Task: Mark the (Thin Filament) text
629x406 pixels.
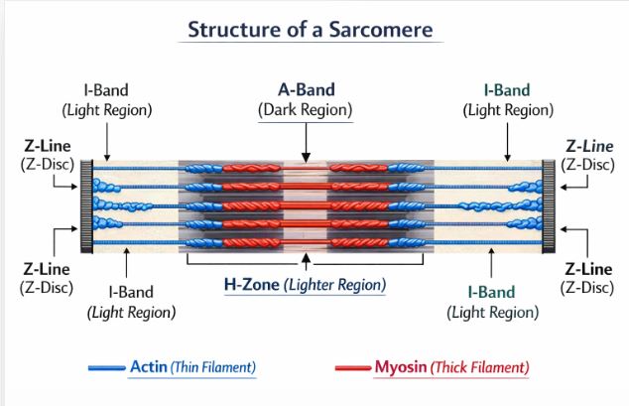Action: pos(212,368)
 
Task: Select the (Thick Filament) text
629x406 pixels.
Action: pos(478,368)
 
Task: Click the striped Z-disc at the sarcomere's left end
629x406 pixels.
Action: pos(86,205)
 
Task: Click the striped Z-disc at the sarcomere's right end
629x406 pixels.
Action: pos(548,205)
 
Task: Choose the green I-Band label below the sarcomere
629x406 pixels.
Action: pos(492,292)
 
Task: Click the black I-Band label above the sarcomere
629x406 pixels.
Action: pos(106,89)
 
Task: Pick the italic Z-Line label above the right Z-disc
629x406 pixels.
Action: pos(588,146)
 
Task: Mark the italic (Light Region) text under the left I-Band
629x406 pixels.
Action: pos(131,312)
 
